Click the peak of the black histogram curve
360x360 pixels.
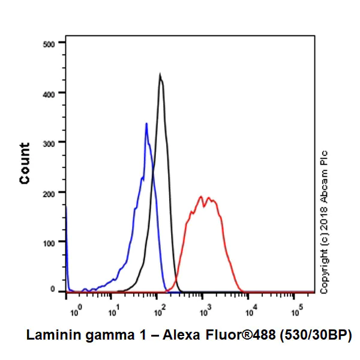[160, 74]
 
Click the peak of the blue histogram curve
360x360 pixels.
[146, 124]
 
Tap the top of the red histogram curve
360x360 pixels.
[200, 196]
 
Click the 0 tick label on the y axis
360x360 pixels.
[53, 290]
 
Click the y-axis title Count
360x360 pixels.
[25, 163]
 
